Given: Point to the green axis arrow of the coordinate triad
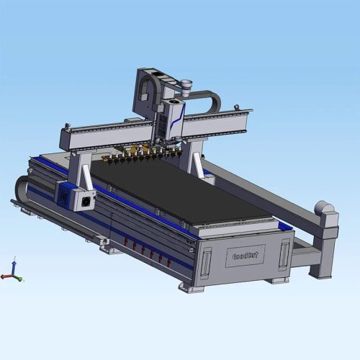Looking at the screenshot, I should coord(19,278).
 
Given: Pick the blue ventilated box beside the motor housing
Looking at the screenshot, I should coord(68,194).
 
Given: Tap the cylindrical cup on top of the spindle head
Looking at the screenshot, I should coord(186,85).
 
